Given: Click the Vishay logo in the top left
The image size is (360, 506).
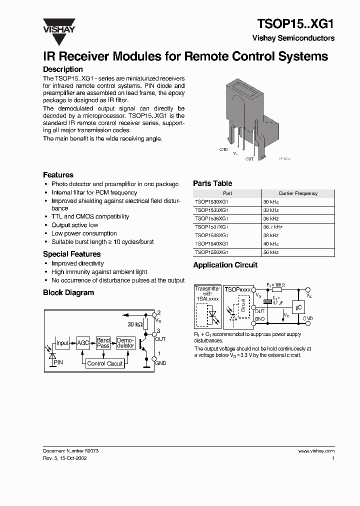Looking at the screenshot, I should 58,25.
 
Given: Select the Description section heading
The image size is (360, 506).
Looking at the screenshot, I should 62,69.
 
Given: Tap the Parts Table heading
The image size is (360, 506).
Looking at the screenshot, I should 212,183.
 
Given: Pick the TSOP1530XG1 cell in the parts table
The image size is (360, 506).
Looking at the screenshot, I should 211,202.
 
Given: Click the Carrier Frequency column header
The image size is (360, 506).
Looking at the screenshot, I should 298,193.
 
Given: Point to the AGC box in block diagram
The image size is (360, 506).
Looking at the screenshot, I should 83,343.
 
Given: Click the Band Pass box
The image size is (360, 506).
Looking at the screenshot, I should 103,343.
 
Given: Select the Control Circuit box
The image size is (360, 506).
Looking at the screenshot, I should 104,363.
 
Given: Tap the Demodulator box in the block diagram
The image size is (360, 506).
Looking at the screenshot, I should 125,343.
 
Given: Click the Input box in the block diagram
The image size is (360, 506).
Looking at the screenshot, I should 62,343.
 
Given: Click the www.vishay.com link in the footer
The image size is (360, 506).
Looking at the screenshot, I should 316,451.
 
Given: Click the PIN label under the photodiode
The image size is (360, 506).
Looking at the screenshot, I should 58,361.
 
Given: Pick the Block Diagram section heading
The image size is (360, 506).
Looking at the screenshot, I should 68,293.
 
